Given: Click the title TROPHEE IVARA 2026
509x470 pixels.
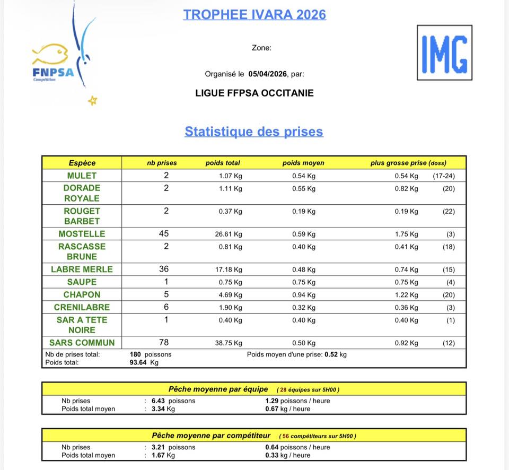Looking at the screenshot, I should click(254, 14).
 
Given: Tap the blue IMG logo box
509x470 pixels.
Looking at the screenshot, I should click(444, 53).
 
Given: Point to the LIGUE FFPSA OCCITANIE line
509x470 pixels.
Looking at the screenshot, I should click(254, 93).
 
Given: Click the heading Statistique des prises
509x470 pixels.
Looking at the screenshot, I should click(254, 131).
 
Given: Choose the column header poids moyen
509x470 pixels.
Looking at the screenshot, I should click(303, 163).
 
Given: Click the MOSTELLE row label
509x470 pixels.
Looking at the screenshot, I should click(82, 233).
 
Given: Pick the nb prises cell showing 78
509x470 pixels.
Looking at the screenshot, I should click(166, 343).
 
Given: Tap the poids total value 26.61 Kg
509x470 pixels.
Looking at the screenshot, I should click(229, 234).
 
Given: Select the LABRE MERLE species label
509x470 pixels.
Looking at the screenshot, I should click(82, 269).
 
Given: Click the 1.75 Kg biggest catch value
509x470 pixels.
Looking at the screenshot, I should click(406, 234).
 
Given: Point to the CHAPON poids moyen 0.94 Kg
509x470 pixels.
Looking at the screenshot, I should click(303, 295).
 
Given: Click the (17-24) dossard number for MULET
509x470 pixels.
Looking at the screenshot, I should click(444, 176).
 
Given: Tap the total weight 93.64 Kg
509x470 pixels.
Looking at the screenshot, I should click(144, 363).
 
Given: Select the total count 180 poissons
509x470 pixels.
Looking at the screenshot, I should click(151, 354).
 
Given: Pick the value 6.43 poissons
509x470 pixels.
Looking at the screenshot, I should click(173, 401).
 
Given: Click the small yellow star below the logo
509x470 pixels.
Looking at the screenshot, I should click(92, 100).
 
